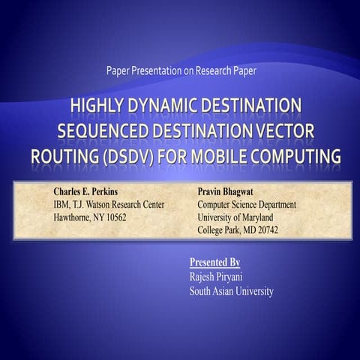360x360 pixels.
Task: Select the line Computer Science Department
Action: (247, 205)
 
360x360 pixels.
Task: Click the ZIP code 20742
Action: (265, 229)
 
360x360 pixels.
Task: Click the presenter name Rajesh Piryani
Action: (222, 277)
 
